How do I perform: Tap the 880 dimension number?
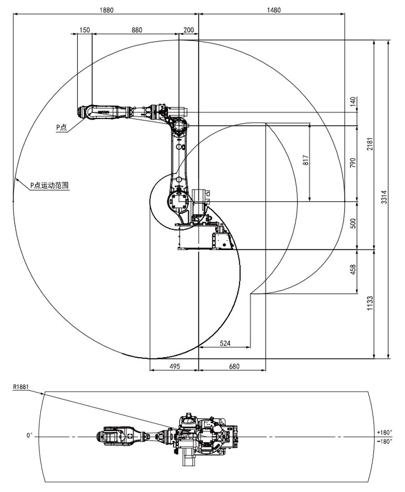coord(137,30)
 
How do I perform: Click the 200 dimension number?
coord(189,30)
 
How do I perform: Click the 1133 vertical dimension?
coord(370,304)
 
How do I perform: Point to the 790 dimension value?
coord(353,163)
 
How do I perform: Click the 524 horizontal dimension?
coord(226,343)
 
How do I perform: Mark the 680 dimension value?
coord(234,366)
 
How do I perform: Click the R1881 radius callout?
coord(21,386)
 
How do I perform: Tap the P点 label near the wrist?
coord(61,128)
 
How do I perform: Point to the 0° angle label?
coord(30,435)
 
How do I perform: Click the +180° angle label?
coord(385,432)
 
